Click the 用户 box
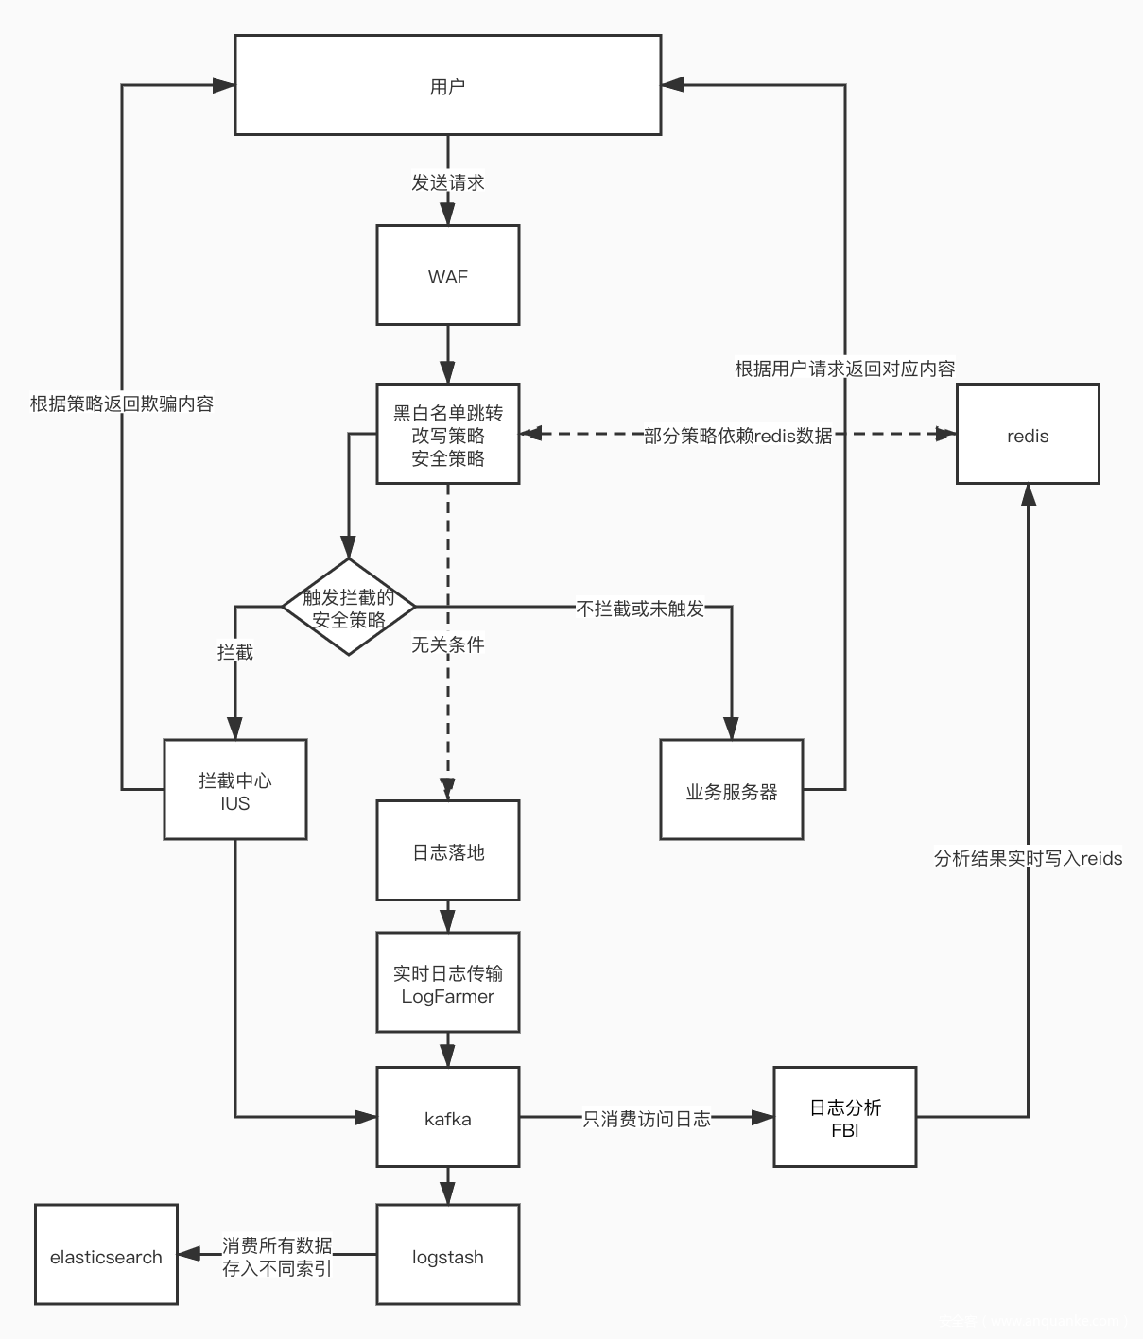click(x=447, y=85)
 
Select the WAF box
click(x=447, y=276)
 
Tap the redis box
click(x=1028, y=435)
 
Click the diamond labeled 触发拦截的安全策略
click(x=349, y=608)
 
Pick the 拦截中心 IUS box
click(x=234, y=790)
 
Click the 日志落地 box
click(x=447, y=851)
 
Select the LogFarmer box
click(x=447, y=984)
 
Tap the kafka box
click(x=447, y=1118)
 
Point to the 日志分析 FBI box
click(x=844, y=1118)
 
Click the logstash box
click(x=447, y=1256)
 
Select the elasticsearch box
click(x=106, y=1256)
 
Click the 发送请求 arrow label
click(x=447, y=182)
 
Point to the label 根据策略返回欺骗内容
click(x=122, y=403)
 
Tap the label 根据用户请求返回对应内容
click(x=844, y=369)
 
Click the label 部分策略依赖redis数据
click(x=737, y=435)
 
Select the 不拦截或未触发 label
click(x=640, y=609)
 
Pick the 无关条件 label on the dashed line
click(x=447, y=644)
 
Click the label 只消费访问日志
click(x=646, y=1119)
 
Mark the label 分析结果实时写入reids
click(x=1028, y=858)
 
